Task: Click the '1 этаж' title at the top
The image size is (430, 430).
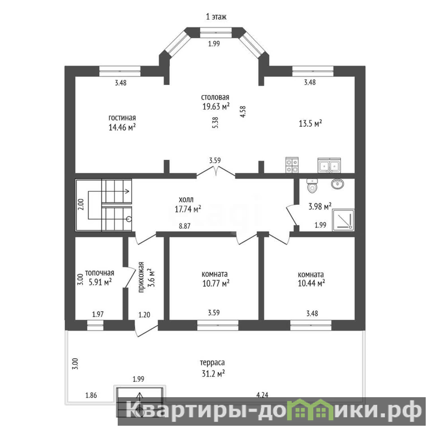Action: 216,17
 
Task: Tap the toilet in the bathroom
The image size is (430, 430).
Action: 312,185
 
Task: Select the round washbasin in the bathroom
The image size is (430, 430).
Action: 337,184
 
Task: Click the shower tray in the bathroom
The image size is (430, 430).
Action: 343,220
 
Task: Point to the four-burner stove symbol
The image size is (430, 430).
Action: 292,165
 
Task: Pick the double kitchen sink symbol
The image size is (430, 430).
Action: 329,166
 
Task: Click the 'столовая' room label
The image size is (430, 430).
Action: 215,97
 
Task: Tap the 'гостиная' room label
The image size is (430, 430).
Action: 122,118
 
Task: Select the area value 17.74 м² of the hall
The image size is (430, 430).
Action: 188,209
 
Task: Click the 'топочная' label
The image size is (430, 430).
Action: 99,273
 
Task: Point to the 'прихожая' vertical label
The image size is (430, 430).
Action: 141,277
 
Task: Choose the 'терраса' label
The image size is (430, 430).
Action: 212,363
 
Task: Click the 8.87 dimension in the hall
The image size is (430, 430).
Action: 184,226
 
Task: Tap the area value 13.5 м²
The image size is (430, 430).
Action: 310,124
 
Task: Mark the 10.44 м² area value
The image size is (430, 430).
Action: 311,283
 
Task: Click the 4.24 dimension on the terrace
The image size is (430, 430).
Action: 262,395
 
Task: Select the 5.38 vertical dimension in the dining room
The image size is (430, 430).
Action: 216,123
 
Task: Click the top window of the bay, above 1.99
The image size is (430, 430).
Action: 216,32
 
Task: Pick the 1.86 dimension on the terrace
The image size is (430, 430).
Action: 91,396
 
